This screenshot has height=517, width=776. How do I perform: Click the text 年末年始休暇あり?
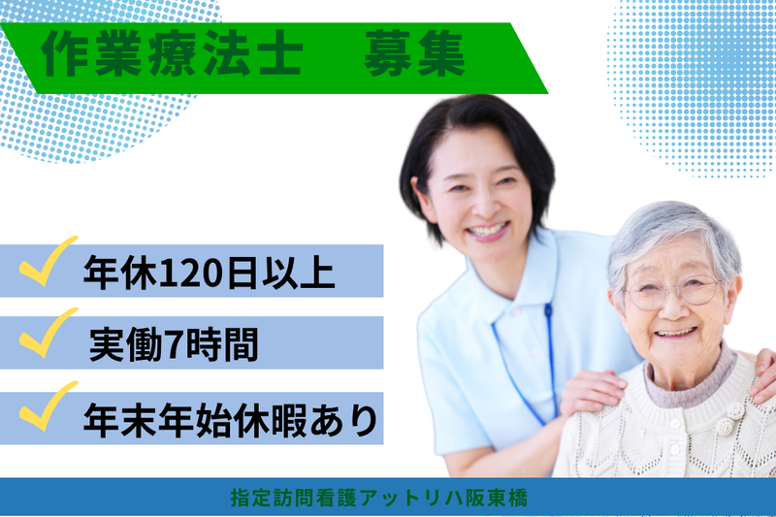point(228,418)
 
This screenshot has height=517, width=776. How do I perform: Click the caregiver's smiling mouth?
point(487,232)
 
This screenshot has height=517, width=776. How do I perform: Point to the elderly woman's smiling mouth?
point(677,332)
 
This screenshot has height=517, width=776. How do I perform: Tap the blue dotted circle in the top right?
point(694,82)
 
